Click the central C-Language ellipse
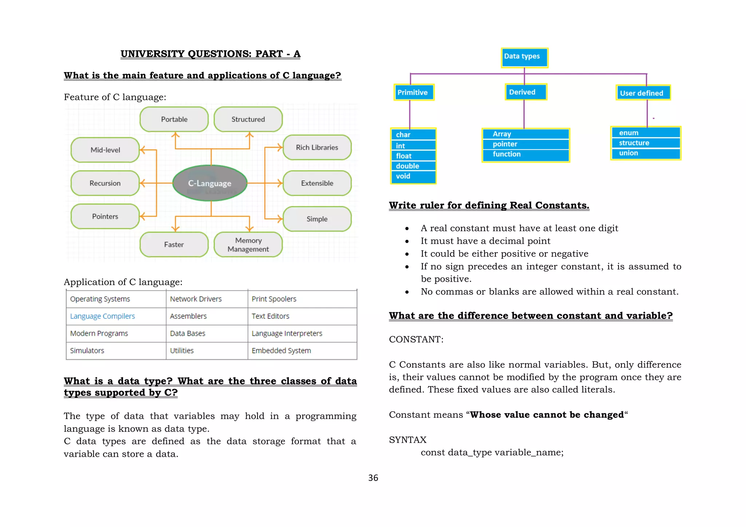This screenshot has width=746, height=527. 210,183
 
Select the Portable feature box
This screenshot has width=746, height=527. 174,119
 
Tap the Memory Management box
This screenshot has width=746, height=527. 248,245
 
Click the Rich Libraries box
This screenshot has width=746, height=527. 317,147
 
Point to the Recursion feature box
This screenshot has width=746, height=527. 105,183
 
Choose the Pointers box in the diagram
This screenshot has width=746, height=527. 105,217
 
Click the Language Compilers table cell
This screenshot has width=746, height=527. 102,316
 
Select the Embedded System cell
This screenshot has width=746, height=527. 281,350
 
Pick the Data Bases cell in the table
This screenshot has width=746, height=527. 188,333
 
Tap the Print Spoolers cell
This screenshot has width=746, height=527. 274,299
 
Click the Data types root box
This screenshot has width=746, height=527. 524,57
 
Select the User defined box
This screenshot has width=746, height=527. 643,93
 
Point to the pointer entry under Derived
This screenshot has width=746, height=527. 505,144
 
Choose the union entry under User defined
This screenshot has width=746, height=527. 629,153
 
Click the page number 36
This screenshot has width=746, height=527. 373,478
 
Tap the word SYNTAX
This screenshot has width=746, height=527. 408,440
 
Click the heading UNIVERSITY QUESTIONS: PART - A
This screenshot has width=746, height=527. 210,54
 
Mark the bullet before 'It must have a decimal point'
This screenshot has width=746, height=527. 407,242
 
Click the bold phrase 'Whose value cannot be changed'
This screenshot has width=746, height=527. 547,415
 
